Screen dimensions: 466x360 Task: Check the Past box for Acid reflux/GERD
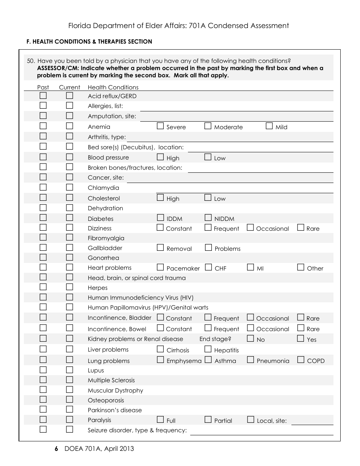[x=43, y=95]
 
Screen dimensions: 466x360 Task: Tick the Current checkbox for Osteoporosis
[x=70, y=399]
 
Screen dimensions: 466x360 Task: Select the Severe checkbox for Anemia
[x=160, y=126]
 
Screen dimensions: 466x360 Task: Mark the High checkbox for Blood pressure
[x=160, y=157]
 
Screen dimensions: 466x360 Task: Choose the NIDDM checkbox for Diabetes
[x=208, y=217]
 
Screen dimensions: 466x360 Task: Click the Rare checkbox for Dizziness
[x=301, y=228]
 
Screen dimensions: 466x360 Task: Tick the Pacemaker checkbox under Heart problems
[x=160, y=267]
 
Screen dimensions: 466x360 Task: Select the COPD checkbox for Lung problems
[x=301, y=360]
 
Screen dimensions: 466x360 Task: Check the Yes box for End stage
[x=301, y=338]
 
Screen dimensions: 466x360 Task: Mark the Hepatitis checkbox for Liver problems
[x=208, y=349]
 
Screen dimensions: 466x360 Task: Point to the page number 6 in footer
[x=56, y=449]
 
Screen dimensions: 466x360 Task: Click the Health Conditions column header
[x=113, y=87]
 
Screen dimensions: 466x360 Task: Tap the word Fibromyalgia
[x=106, y=238]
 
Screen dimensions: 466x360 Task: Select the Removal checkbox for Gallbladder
[x=160, y=247]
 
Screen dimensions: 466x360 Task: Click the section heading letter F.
[x=28, y=42]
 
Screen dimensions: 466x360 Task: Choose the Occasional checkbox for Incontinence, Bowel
[x=250, y=328]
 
